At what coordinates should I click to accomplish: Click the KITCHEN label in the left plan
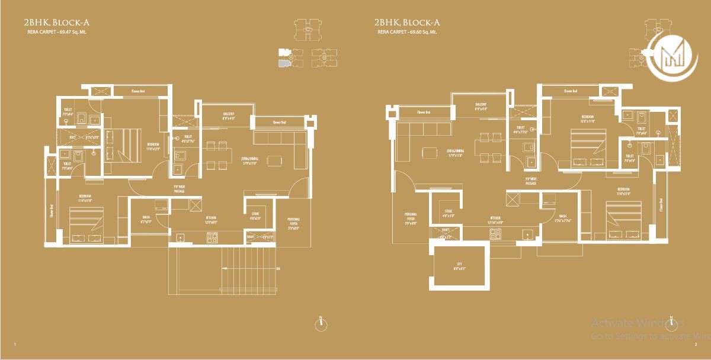pos(211,219)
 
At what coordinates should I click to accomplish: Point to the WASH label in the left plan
pos(145,218)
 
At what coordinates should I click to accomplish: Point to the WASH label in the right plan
pos(562,217)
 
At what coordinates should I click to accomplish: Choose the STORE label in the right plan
pos(449,213)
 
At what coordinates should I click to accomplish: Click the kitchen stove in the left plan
pos(212,239)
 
